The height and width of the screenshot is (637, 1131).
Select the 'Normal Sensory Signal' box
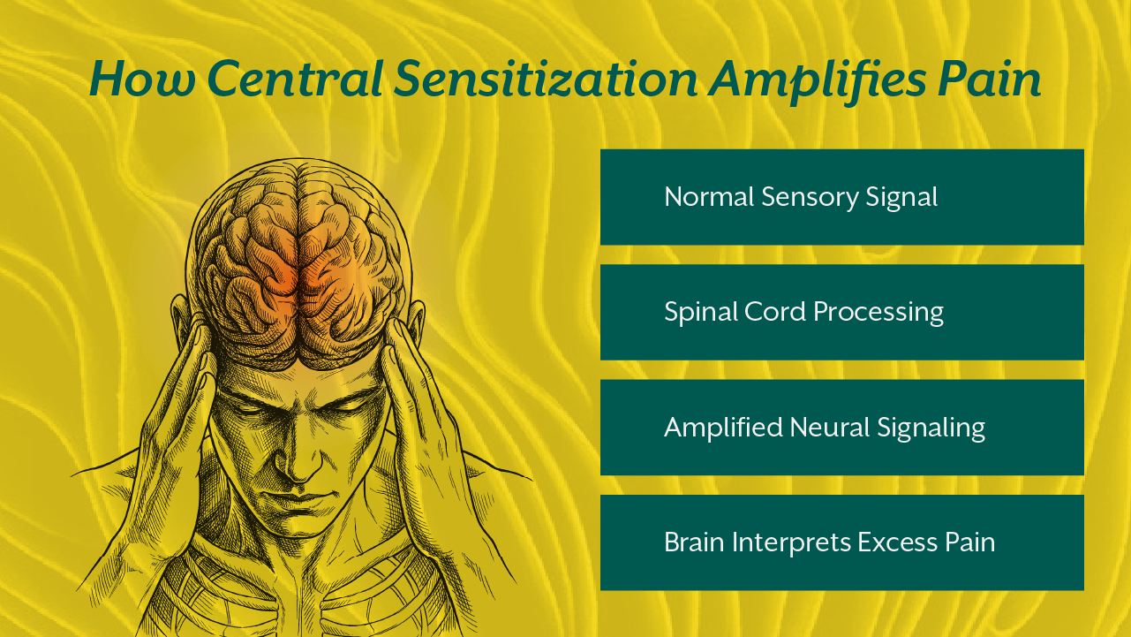pos(841,197)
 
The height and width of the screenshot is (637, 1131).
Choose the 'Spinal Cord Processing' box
pos(841,312)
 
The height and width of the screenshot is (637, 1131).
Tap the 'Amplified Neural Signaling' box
pos(841,428)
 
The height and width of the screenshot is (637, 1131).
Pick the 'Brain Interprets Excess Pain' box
pos(841,542)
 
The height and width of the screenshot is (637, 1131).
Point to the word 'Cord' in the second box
pos(774,312)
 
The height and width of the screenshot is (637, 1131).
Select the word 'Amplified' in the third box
pos(711,428)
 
